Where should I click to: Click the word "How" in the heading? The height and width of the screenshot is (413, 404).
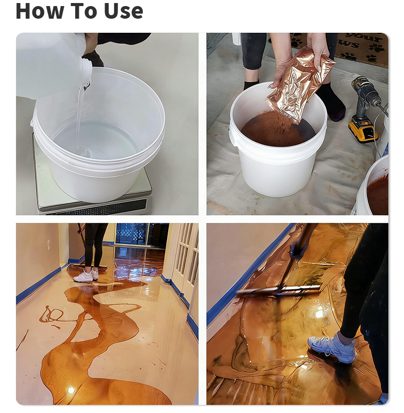pyautogui.click(x=38, y=11)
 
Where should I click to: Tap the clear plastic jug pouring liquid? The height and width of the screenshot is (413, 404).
pyautogui.click(x=50, y=63)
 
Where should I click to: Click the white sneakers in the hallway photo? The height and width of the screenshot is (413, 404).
pyautogui.click(x=86, y=275)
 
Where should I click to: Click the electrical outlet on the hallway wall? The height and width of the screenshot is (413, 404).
pyautogui.click(x=48, y=245)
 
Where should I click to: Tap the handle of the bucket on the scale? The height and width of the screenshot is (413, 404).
pyautogui.click(x=33, y=124)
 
